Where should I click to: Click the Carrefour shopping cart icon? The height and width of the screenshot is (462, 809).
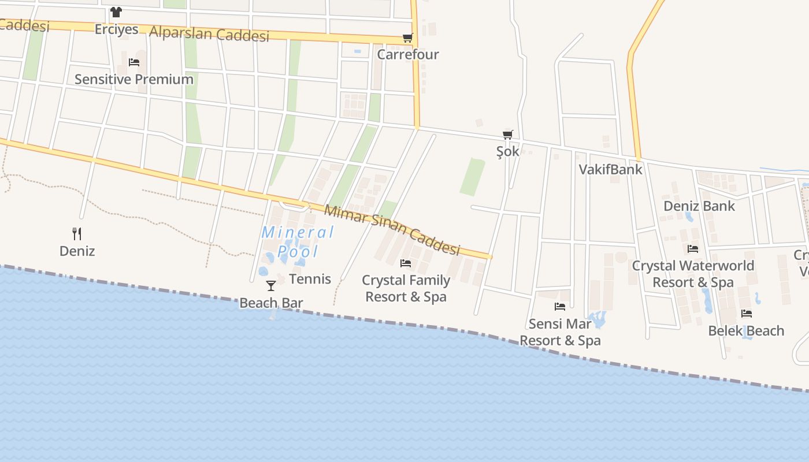tap(408, 38)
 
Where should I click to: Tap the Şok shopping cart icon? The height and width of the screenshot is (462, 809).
tap(508, 135)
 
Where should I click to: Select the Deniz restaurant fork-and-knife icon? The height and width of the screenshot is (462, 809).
tap(77, 233)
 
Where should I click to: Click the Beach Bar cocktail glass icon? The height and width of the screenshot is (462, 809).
tap(270, 285)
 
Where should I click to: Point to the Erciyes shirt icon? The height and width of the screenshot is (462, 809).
tap(116, 12)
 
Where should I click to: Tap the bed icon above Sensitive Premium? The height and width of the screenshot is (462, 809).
tap(134, 62)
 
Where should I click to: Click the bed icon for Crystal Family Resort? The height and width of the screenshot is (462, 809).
tap(406, 263)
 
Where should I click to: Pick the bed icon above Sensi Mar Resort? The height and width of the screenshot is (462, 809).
tap(559, 307)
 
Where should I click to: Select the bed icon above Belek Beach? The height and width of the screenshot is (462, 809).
tap(747, 314)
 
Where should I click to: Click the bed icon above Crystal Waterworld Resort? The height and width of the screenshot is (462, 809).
tap(693, 249)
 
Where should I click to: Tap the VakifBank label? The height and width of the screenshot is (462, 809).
tap(610, 169)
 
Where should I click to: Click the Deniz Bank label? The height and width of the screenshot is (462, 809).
tap(699, 206)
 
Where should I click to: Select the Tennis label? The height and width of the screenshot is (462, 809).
tap(310, 279)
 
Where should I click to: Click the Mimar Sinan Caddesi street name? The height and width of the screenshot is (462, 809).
tap(392, 230)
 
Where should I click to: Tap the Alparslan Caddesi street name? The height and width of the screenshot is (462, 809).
tap(209, 33)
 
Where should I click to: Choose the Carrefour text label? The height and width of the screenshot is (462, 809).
tap(408, 55)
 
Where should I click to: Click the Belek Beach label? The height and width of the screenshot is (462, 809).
tap(746, 331)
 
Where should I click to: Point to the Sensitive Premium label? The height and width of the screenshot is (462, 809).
tap(134, 80)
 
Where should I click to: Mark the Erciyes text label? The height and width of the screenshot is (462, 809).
tap(117, 29)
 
